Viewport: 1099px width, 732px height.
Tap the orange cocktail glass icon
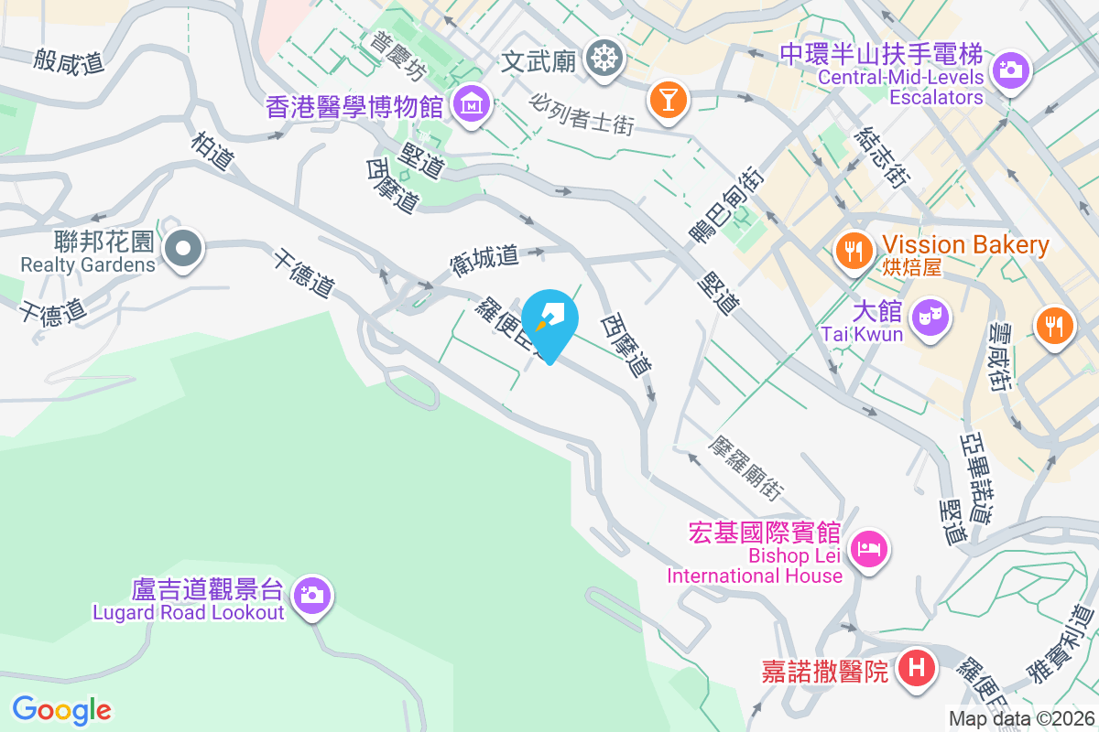(668, 98)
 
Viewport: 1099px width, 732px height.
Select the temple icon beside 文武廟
(604, 59)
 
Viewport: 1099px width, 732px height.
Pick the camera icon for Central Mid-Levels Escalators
(1010, 69)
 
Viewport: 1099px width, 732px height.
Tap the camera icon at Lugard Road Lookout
(312, 595)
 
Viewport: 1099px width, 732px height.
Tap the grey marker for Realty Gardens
(183, 247)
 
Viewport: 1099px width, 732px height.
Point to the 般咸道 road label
(69, 61)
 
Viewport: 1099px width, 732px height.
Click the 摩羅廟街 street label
(747, 467)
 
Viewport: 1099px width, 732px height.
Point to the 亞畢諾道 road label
(976, 469)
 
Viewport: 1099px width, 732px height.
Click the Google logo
(61, 710)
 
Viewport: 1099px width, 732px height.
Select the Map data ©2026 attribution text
(1021, 718)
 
